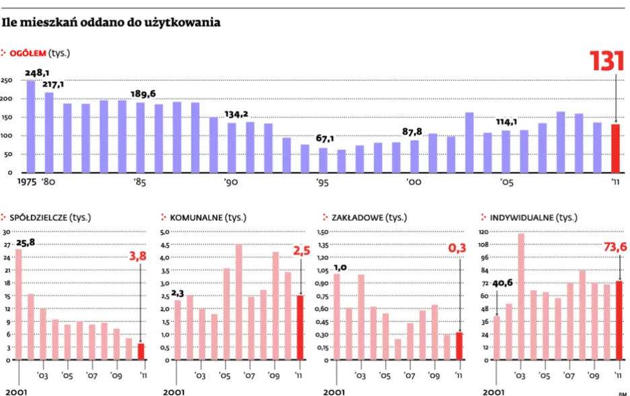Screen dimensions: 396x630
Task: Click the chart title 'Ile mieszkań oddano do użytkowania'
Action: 111,23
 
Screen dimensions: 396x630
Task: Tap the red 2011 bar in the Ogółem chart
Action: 615,148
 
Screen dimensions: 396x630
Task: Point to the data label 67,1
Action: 325,139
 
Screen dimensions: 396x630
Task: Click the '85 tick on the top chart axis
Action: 140,183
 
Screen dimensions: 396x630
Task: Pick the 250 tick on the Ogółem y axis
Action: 7,81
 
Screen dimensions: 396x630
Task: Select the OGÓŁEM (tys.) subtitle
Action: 40,52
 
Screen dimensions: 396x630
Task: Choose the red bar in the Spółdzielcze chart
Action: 141,352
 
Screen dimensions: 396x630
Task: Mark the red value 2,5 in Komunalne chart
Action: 300,251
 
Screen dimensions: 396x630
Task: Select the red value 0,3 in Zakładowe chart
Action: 458,249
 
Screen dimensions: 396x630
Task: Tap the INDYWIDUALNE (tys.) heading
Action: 529,218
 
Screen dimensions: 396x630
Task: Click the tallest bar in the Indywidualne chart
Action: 521,296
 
